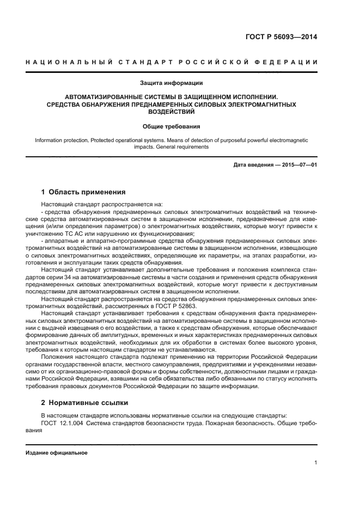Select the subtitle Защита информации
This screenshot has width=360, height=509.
(172, 83)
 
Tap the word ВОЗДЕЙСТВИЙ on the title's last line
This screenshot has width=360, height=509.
(172, 111)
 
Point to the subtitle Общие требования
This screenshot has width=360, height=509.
(172, 126)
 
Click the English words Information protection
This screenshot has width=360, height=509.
(61, 140)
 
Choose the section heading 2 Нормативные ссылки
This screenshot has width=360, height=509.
(84, 403)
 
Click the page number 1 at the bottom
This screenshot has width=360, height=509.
(316, 463)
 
